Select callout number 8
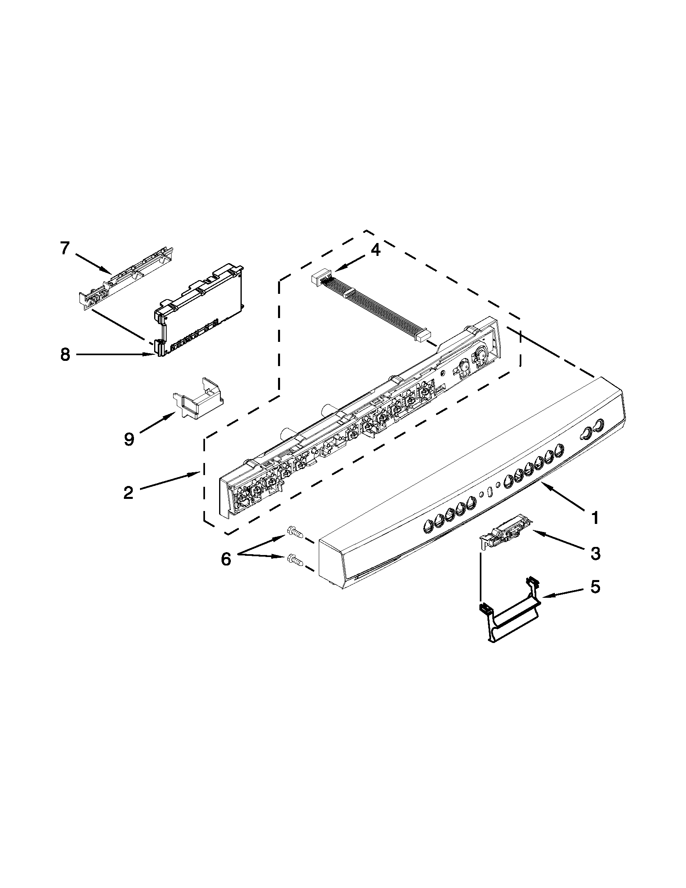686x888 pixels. [x=65, y=355]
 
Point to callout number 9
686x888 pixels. [x=129, y=439]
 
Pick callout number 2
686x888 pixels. [x=128, y=492]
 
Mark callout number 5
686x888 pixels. [x=595, y=587]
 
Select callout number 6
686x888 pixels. [x=226, y=559]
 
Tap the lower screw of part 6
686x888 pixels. [x=294, y=561]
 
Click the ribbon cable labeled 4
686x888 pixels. [x=378, y=309]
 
